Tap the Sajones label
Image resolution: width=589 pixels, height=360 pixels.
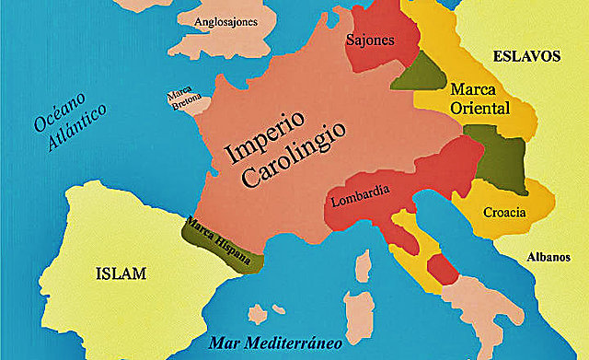coord(370,41)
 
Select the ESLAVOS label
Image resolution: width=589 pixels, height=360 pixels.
coord(526,55)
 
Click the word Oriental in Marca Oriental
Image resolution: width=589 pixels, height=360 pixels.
coord(479,108)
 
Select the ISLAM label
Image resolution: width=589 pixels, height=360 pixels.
coord(124,273)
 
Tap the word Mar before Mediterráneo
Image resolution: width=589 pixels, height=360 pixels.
coord(224,343)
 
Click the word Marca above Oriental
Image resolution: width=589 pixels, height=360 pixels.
coord(473,89)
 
